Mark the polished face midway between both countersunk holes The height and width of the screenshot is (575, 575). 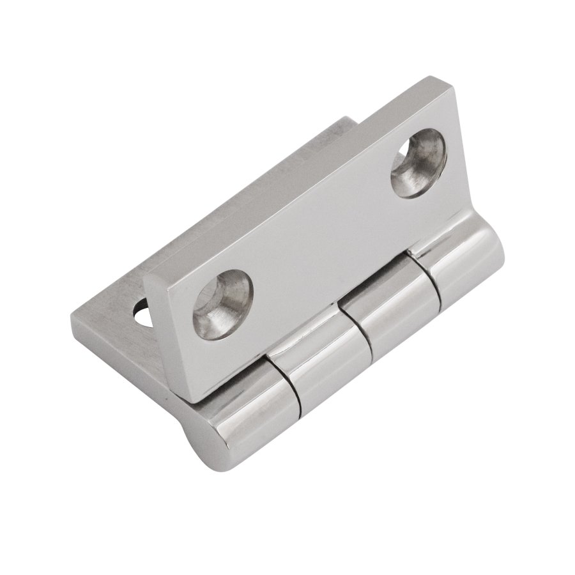[319, 230]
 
